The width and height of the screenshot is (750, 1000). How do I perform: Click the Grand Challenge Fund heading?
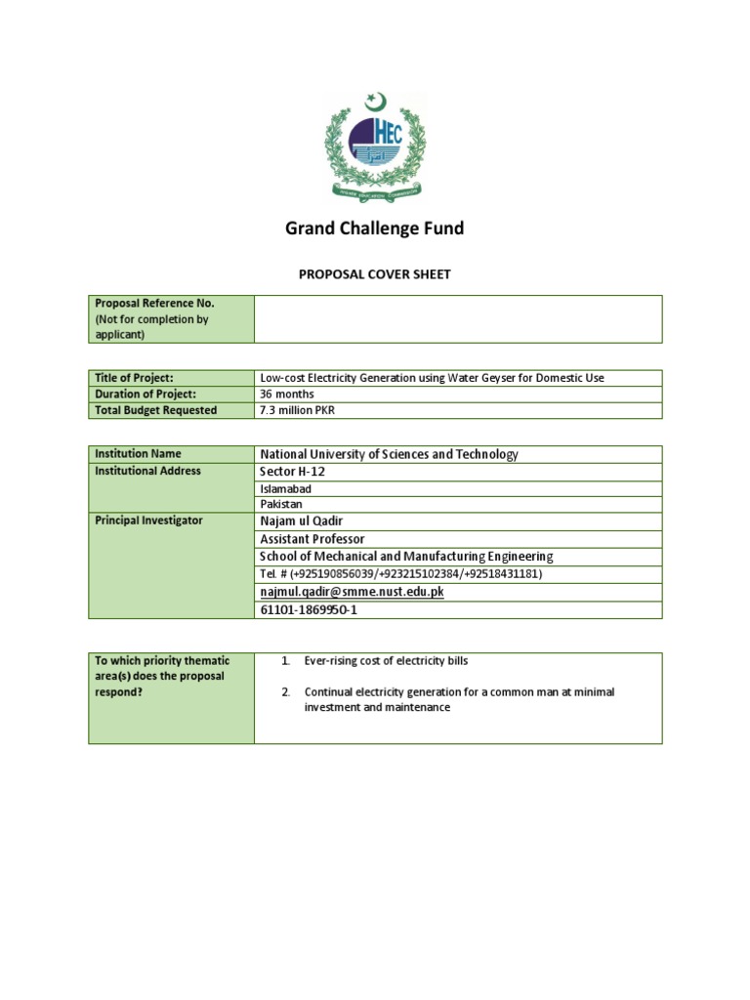tap(374, 229)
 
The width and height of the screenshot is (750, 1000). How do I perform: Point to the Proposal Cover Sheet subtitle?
tap(374, 274)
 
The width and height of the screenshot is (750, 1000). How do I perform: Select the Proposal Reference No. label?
tap(154, 304)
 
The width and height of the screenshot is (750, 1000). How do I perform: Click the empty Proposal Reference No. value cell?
tap(457, 319)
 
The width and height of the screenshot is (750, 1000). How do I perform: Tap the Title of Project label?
tap(134, 378)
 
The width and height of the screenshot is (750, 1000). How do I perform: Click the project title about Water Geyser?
tap(432, 378)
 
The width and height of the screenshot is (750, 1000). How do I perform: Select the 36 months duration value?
tap(287, 395)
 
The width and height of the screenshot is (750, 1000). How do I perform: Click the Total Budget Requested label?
tap(156, 411)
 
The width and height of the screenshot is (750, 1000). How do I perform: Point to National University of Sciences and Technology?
tap(389, 454)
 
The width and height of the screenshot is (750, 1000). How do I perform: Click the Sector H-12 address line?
tap(292, 472)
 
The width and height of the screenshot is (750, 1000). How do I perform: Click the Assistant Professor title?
tap(312, 539)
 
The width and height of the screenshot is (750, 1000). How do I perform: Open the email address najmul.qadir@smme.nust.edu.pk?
tap(352, 592)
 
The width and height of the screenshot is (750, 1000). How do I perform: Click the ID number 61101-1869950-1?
tap(309, 610)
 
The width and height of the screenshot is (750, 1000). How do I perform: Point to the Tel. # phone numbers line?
tap(400, 574)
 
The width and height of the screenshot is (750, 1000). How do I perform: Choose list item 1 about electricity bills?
tap(386, 661)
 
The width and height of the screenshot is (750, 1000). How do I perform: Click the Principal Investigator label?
tap(149, 521)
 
